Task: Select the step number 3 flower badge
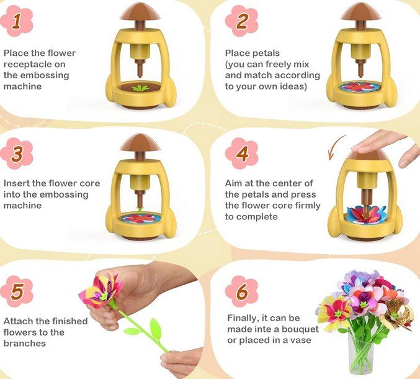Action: point(17,153)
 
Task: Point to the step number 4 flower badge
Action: point(241,153)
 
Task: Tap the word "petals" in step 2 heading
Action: point(266,53)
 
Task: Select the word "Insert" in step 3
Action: point(17,183)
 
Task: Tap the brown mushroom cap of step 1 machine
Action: point(140,12)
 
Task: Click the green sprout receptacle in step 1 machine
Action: point(140,88)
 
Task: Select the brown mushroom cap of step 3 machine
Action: point(140,142)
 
